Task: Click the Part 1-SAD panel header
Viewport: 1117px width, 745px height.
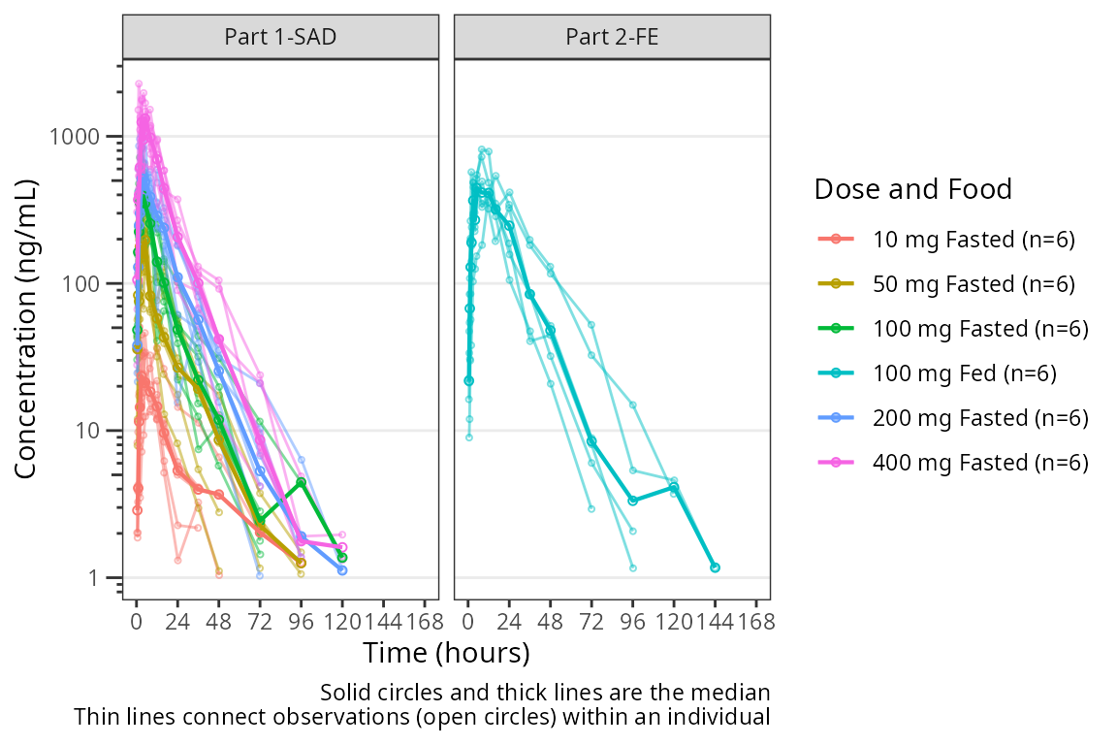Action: (281, 37)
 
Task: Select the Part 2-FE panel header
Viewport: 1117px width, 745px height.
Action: (612, 37)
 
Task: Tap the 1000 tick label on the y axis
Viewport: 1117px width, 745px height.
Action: (76, 137)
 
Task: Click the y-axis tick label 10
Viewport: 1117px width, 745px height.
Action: (93, 431)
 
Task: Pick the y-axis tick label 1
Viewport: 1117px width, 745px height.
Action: (103, 578)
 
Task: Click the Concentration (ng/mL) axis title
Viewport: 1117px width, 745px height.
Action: (26, 329)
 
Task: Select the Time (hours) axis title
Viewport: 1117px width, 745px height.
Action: (446, 652)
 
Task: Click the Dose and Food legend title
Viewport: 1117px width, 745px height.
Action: (913, 189)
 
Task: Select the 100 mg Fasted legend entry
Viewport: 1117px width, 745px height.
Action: (979, 329)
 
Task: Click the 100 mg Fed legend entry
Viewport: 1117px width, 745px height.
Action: (964, 373)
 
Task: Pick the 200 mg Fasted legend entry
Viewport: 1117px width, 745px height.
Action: (979, 418)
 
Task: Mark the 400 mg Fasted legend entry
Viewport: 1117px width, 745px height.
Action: (979, 463)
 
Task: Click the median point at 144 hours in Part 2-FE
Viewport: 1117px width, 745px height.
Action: (715, 567)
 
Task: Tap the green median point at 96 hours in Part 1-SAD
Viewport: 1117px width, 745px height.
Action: (302, 482)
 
